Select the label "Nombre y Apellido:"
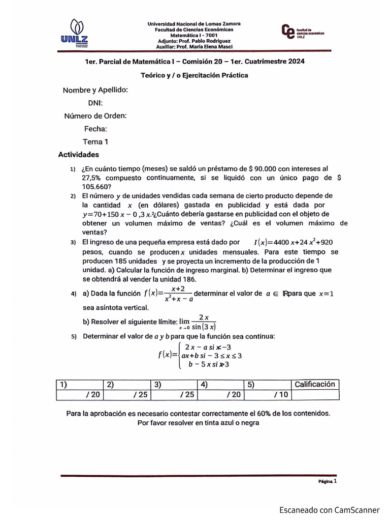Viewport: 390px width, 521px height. pos(95,90)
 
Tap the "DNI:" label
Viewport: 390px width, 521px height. pos(95,103)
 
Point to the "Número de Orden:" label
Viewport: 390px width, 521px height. pos(95,115)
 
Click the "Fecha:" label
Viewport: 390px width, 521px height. pos(95,129)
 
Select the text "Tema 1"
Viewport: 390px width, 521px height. pos(95,142)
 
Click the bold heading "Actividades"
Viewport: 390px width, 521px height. pos(79,155)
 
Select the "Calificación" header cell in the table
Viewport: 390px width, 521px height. pos(314,384)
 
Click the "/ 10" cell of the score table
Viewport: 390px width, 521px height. pos(266,394)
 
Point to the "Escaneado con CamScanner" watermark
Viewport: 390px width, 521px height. pos(330,510)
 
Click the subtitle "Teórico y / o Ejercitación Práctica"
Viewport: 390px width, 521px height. pos(194,75)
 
